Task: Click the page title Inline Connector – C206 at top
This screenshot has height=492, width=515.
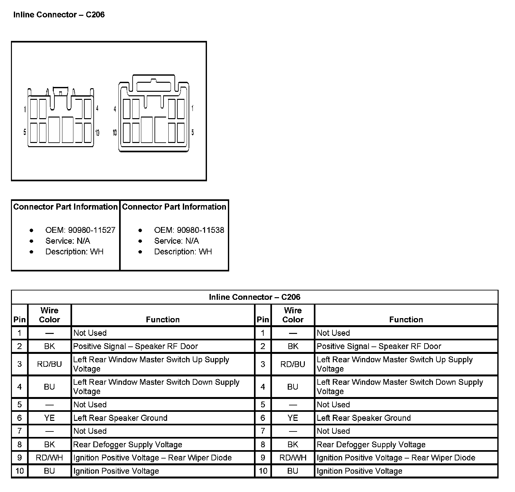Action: coord(59,15)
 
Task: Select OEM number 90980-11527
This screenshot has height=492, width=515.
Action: coord(91,230)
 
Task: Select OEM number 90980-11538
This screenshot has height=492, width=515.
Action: coord(200,230)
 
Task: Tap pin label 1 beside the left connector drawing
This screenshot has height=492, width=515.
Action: coord(25,110)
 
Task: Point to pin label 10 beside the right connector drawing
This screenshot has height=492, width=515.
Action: coord(115,133)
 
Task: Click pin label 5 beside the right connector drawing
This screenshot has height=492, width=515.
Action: coord(192,132)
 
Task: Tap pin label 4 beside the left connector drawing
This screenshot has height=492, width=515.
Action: coord(97,109)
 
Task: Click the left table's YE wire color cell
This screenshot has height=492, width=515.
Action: coord(49,418)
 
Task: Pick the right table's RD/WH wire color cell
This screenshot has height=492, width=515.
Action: coord(293,458)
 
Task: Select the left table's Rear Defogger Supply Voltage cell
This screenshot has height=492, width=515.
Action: coord(128,445)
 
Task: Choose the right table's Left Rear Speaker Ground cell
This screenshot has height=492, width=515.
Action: coord(364,418)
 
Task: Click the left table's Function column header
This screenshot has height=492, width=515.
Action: coord(163,319)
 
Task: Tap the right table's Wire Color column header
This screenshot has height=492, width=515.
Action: coord(293,315)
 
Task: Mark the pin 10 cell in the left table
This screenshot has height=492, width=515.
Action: coord(20,471)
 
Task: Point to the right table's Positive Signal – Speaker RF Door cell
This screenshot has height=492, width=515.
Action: coord(379,346)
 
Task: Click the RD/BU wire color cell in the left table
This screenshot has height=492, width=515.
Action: coord(49,364)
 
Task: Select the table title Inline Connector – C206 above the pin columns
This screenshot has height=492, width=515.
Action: coord(254,297)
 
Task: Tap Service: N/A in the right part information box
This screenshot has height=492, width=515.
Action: coord(176,241)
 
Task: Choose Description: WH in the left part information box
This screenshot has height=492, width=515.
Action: coord(74,251)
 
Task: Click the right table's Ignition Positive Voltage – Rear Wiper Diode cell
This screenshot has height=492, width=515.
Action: coord(396,458)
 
